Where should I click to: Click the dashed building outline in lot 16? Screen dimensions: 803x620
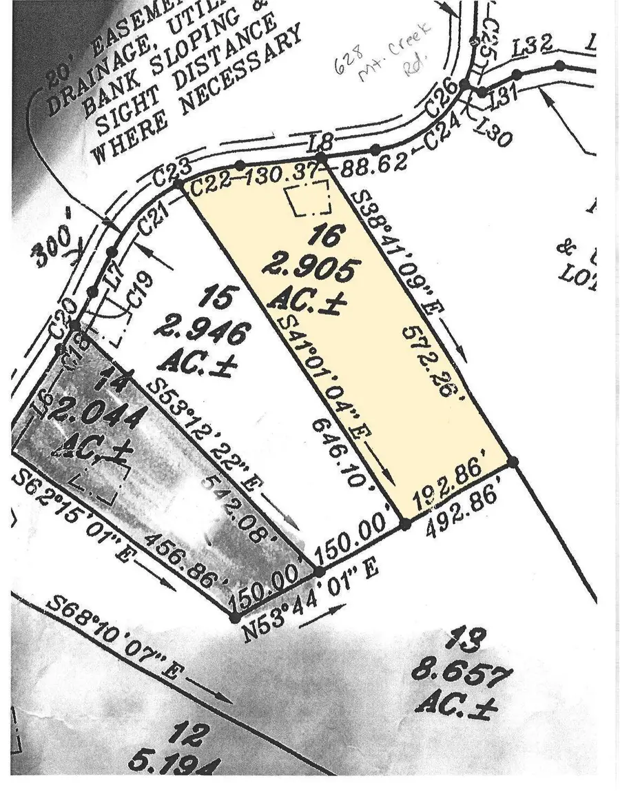click(x=309, y=200)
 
